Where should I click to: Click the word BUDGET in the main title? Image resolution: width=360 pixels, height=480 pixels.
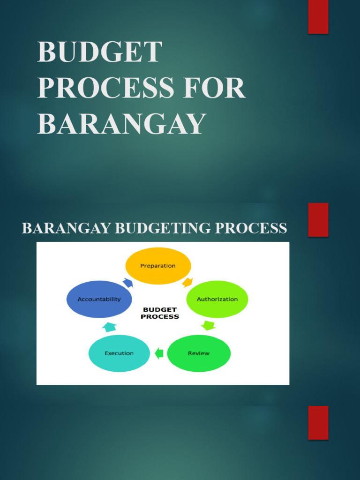[x=99, y=52]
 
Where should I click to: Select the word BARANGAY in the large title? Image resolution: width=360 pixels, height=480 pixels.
[x=121, y=123]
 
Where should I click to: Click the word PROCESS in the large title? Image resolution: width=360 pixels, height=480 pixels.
[x=105, y=88]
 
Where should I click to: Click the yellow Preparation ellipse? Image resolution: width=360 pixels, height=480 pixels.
[x=158, y=266]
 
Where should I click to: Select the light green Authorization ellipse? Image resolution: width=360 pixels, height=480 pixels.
[x=217, y=299]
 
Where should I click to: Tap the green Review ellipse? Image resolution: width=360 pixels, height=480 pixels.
[x=199, y=353]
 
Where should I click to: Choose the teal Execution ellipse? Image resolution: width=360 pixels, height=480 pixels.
[x=119, y=353]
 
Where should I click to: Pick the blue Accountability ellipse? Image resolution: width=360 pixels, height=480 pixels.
[x=99, y=299]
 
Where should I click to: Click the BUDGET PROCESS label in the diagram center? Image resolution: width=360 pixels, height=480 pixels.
[x=159, y=313]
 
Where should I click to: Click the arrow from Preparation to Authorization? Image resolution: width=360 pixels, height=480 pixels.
[x=187, y=282]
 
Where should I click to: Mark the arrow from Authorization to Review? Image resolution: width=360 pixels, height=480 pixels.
[x=209, y=326]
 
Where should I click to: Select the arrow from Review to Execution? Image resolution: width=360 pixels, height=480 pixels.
[x=159, y=353]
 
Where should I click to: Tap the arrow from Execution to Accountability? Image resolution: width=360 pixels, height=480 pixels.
[x=109, y=327]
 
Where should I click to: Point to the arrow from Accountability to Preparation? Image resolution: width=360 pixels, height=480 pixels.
[x=128, y=283]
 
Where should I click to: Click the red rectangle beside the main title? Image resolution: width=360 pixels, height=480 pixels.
[x=318, y=17]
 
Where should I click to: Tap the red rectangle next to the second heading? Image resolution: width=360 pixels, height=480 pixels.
[x=318, y=220]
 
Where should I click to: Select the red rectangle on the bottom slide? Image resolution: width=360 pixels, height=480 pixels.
[x=318, y=423]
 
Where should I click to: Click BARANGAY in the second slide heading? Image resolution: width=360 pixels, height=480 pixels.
[x=67, y=228]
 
